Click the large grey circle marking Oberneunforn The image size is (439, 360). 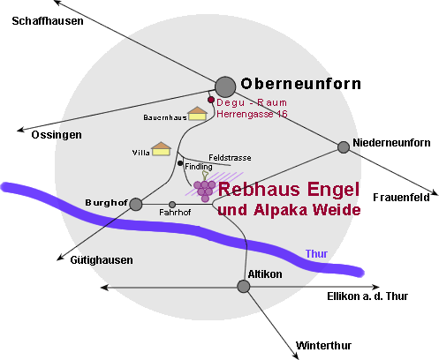point(225,86)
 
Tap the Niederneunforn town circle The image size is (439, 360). point(344,147)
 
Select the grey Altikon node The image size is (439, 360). point(244,287)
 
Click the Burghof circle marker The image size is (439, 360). point(136,204)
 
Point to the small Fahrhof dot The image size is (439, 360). point(172,205)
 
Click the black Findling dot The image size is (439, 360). point(180,163)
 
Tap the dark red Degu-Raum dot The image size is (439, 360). point(211,100)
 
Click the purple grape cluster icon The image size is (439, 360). point(204,188)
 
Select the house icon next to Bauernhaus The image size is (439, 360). point(197,114)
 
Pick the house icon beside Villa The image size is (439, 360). point(161,149)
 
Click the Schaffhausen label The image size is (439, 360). point(48,21)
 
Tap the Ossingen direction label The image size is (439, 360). point(57,135)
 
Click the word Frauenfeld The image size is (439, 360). point(401,198)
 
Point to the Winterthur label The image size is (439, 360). point(323,345)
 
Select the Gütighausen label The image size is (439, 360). point(102,260)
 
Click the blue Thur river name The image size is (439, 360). point(316,254)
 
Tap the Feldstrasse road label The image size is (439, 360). point(230,158)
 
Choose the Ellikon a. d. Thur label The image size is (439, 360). point(367,296)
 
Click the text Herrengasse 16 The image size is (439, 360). point(252,114)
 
